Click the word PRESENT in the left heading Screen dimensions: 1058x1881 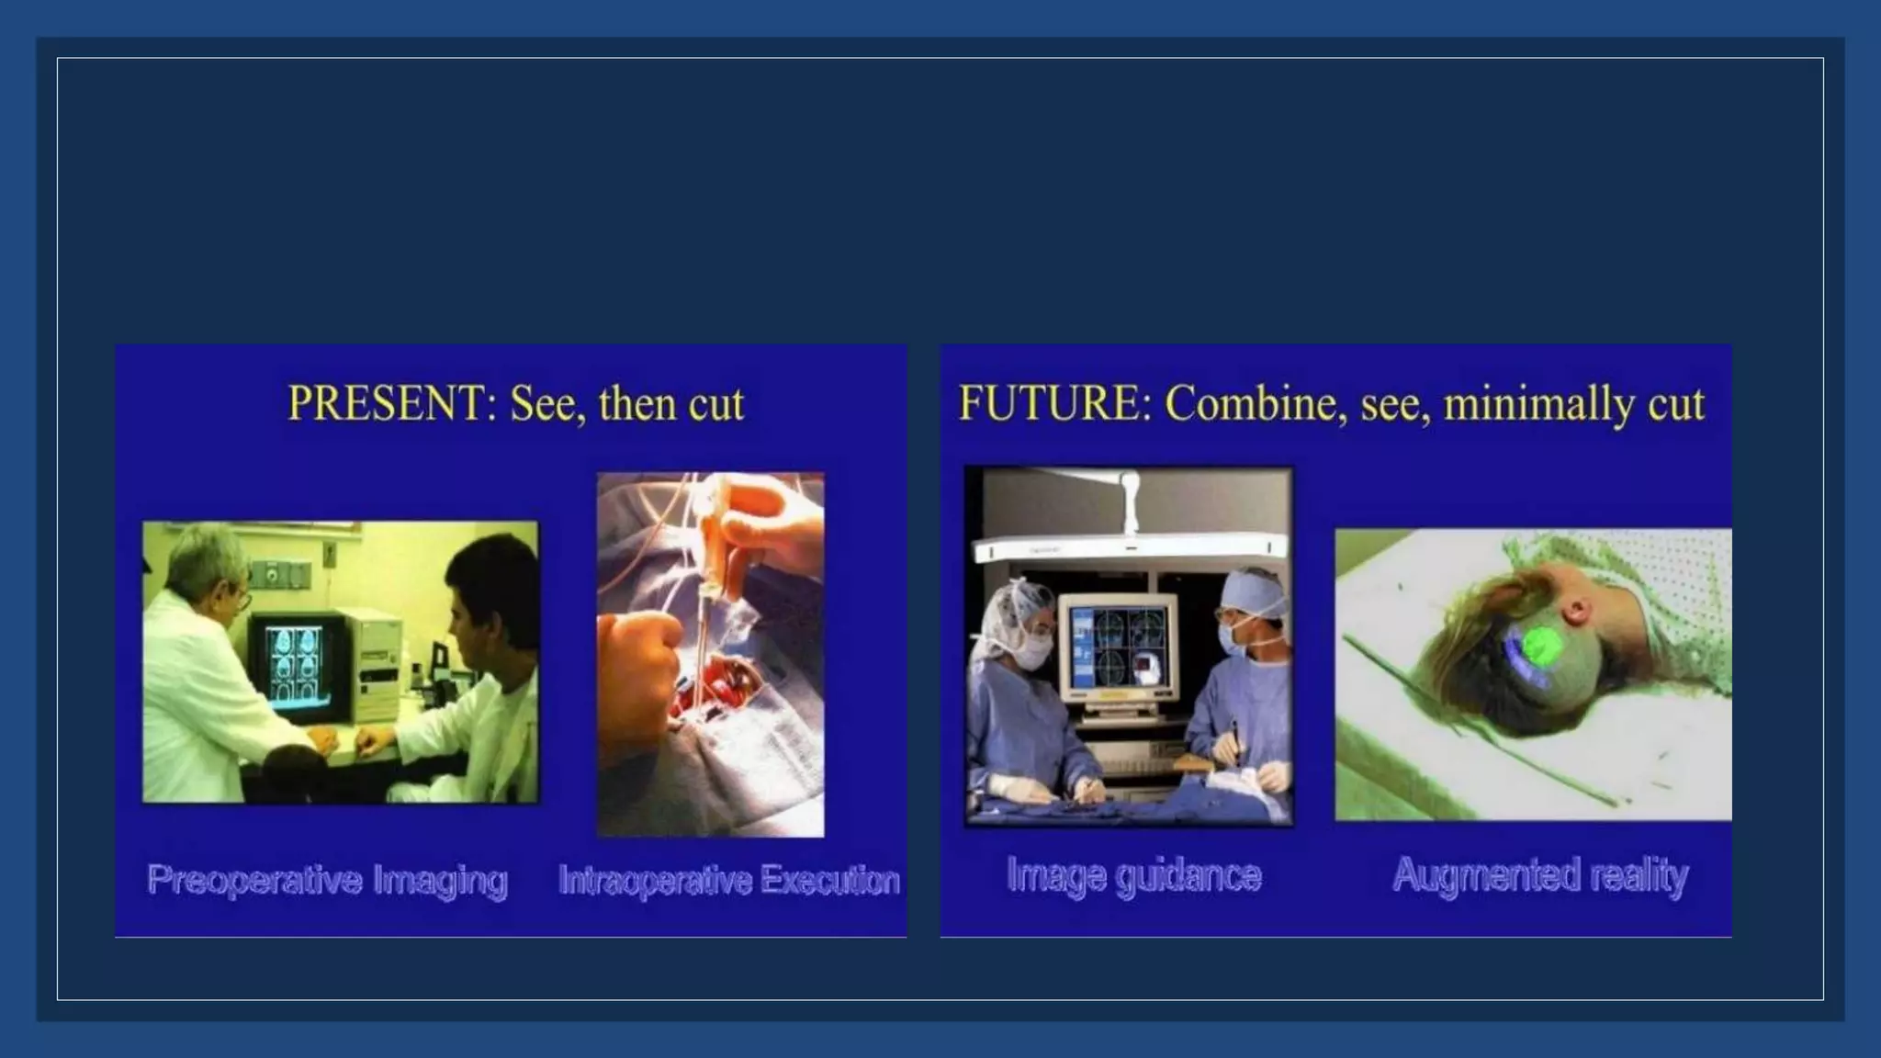coord(386,404)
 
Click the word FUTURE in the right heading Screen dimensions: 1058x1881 coord(1053,404)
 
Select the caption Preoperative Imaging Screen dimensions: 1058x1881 coord(328,880)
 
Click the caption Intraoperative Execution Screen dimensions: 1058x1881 coord(729,880)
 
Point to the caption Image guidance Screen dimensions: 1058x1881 coord(1134,875)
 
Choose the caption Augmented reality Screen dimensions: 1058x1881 coord(1540,875)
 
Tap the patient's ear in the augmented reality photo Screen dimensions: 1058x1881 coord(1576,610)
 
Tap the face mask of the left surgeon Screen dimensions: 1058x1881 coord(1035,651)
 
